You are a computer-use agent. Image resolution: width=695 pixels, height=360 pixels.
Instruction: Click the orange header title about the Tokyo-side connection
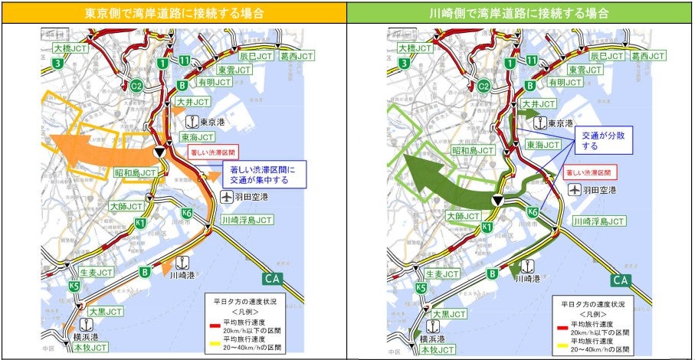174,13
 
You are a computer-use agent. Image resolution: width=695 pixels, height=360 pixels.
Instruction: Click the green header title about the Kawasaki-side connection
520,13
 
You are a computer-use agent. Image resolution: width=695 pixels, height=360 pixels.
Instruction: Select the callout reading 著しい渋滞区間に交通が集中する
263,174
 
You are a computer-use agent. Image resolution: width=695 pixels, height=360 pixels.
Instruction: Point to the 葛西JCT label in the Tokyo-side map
295,57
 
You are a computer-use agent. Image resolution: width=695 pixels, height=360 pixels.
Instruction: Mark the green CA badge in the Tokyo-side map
277,280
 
